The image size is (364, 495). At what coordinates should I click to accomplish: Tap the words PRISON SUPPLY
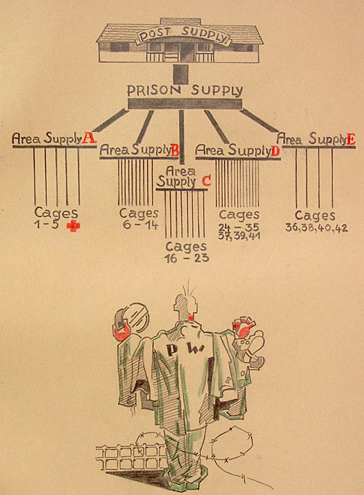click(x=185, y=90)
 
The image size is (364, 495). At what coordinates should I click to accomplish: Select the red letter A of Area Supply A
click(x=89, y=138)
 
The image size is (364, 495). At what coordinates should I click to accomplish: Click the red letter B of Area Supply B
click(x=175, y=150)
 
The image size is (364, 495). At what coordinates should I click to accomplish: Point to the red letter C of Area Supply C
click(x=206, y=181)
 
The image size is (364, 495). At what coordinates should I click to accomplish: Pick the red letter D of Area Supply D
click(x=275, y=151)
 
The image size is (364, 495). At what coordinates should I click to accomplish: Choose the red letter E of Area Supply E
click(x=350, y=139)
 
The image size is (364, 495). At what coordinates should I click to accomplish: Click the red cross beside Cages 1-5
click(x=74, y=226)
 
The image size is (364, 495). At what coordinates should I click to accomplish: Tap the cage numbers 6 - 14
click(x=139, y=225)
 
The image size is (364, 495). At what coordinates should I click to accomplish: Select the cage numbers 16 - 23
click(x=186, y=258)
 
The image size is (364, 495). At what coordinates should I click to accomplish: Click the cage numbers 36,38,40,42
click(x=317, y=228)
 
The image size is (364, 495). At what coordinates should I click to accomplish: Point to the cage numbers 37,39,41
click(x=239, y=236)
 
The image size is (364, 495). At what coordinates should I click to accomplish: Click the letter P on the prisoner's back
click(x=172, y=349)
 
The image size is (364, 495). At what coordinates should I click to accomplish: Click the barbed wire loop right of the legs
click(x=232, y=443)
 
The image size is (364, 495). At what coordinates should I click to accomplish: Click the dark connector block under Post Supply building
click(x=181, y=74)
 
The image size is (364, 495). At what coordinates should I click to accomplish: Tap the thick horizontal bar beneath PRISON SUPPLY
click(x=185, y=104)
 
